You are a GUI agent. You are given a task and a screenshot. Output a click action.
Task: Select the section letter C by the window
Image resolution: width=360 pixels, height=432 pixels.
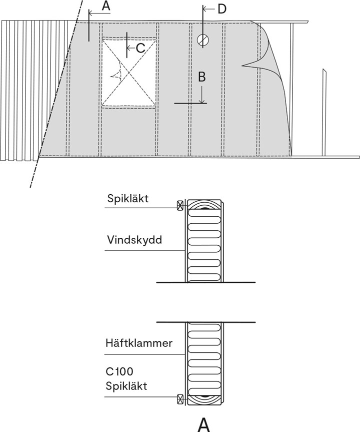click(x=140, y=48)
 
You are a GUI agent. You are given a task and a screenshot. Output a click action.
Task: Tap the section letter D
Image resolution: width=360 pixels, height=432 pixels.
click(x=221, y=9)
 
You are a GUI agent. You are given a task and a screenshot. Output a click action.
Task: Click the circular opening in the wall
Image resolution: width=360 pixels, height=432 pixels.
click(x=202, y=40)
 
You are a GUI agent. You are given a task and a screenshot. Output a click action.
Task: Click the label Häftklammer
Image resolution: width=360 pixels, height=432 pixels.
click(x=139, y=343)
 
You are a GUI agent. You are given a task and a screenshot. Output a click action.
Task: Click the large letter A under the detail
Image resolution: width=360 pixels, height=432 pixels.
click(x=203, y=423)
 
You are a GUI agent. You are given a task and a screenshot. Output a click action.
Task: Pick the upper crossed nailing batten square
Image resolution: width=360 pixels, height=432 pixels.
click(x=180, y=205)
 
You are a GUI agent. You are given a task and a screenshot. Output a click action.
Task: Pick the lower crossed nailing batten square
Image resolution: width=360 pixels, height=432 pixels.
click(x=180, y=398)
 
